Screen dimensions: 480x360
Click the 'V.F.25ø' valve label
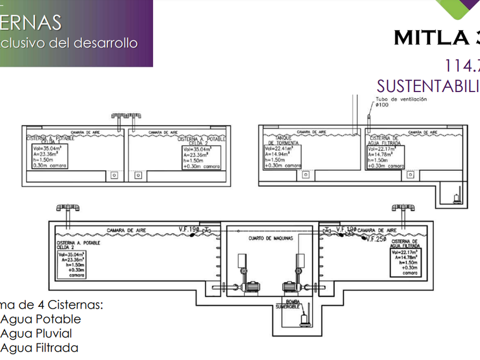(x=375, y=238)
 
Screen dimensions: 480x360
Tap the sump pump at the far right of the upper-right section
(x=457, y=198)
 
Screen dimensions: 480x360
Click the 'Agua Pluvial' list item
(x=36, y=333)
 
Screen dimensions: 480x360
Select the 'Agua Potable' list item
(x=41, y=319)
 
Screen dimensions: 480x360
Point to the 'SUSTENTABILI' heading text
(x=428, y=86)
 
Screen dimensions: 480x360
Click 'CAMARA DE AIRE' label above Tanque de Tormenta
(x=298, y=131)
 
